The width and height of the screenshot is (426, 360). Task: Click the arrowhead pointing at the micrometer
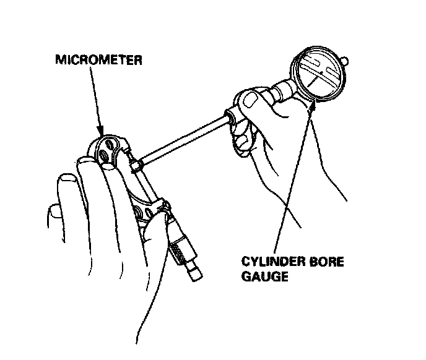click(100, 133)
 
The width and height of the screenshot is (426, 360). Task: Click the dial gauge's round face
click(320, 75)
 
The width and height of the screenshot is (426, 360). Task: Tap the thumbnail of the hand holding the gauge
click(251, 99)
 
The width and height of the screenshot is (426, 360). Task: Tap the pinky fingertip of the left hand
click(55, 213)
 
